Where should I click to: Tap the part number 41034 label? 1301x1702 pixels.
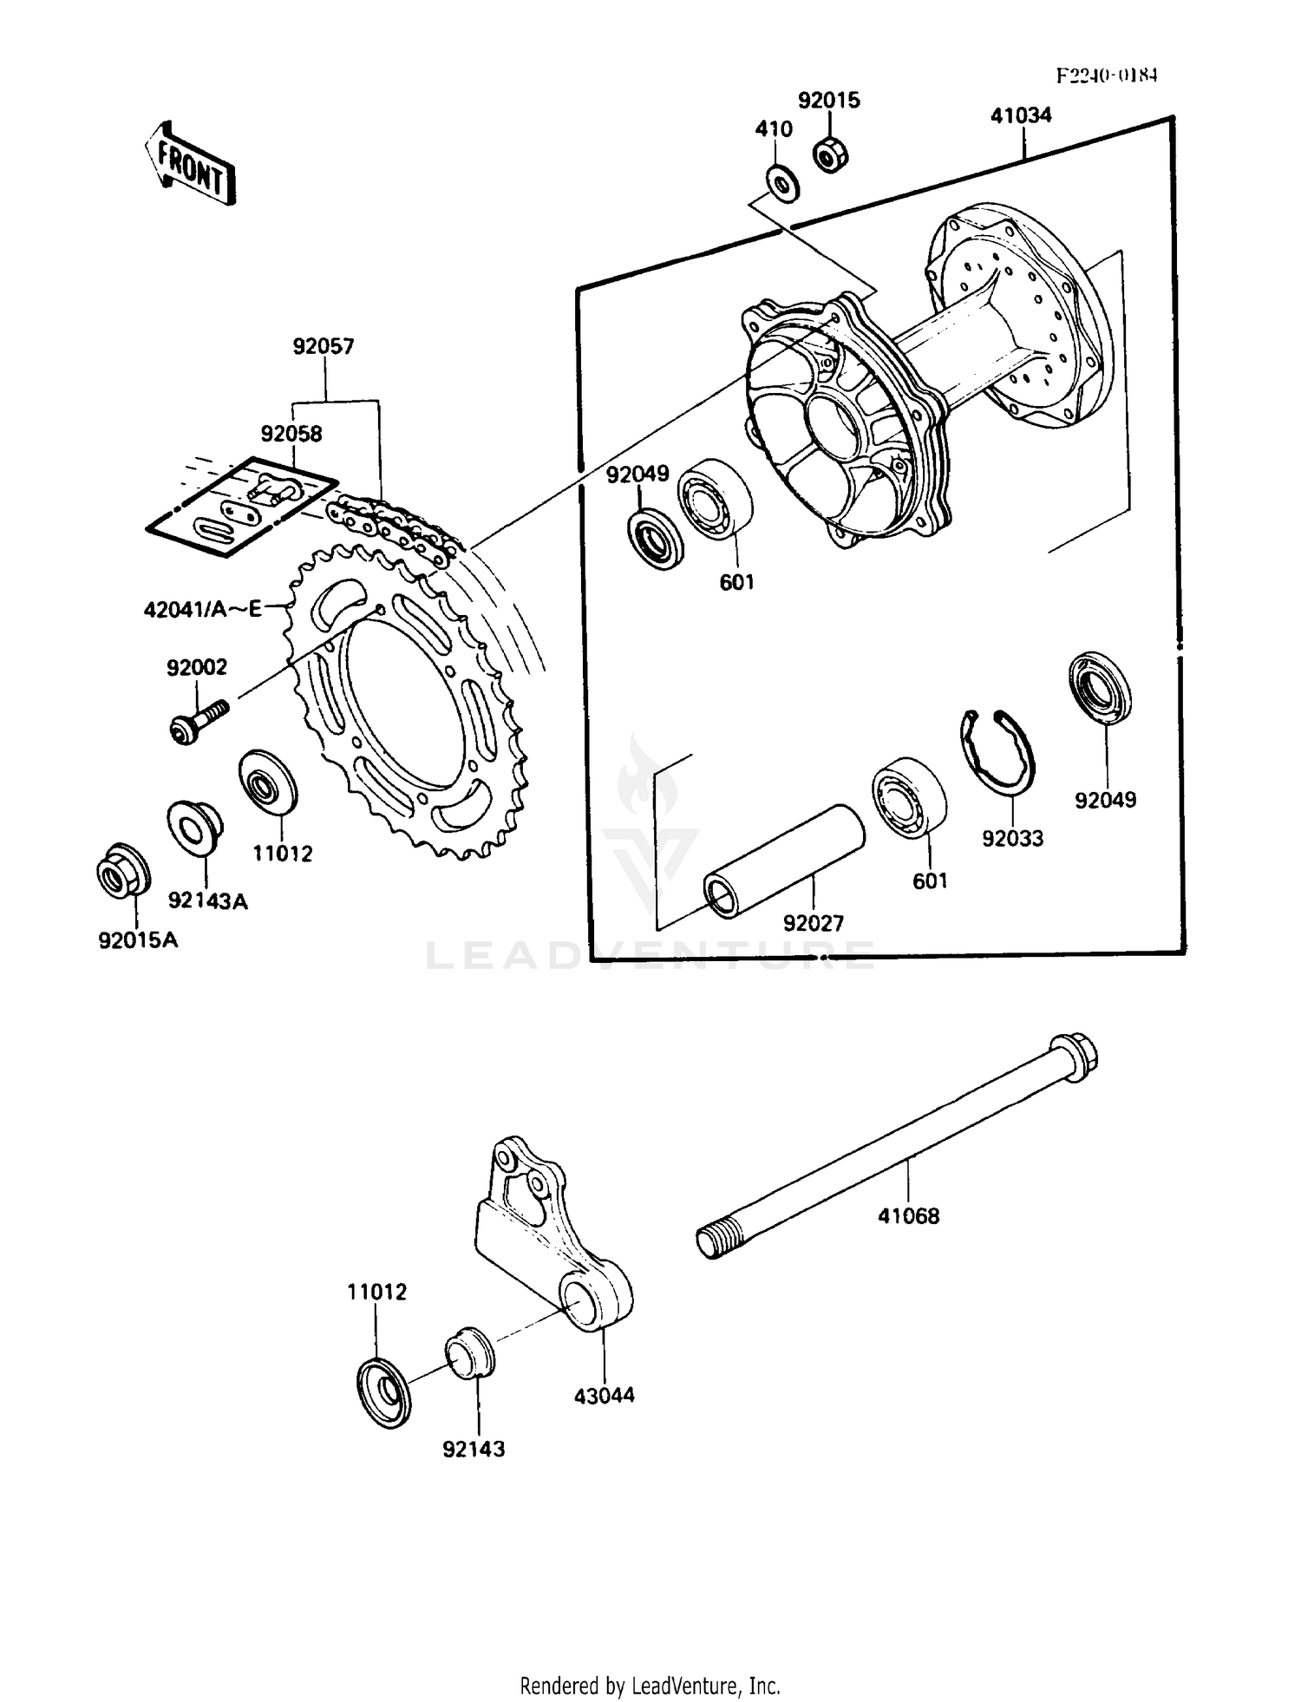point(1021,115)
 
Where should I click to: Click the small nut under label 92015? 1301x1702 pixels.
point(830,155)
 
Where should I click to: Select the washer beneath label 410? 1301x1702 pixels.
point(783,184)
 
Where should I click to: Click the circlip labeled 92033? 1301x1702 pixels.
point(998,751)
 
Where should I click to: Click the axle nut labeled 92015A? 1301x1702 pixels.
point(122,870)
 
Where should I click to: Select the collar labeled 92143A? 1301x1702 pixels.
point(193,826)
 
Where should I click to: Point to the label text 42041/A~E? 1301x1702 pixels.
point(203,609)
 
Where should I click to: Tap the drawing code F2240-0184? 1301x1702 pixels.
point(1106,75)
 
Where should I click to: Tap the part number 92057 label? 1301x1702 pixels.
point(323,347)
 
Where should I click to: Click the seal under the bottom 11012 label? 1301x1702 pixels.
point(383,1393)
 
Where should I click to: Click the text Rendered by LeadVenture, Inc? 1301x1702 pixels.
point(650,1686)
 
